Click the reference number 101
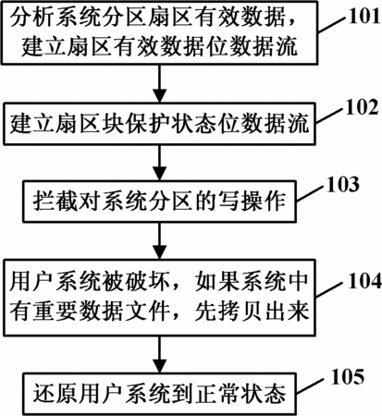(x=364, y=16)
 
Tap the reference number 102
(x=362, y=107)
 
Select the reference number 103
(x=343, y=184)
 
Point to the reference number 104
(x=364, y=281)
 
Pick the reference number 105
(x=348, y=376)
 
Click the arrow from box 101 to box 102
(x=160, y=83)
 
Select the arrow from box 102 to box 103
(x=160, y=163)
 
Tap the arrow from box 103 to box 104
(x=160, y=240)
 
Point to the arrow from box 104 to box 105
(x=160, y=354)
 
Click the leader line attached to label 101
(x=332, y=24)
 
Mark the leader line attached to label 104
(x=331, y=289)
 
